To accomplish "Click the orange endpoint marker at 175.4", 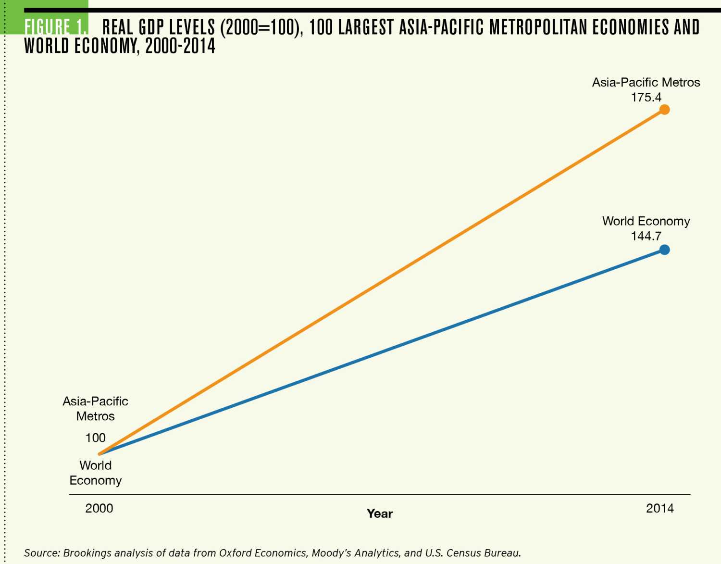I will point(664,110).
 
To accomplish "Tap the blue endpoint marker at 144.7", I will point(664,250).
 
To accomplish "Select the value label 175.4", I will point(646,97).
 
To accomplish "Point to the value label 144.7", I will point(646,236).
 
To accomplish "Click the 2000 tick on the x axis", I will point(99,508).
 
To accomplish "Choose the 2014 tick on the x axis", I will point(659,508).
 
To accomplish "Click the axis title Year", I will point(380,514).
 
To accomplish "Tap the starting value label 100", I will point(95,438).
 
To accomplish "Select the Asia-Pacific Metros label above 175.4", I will point(646,82).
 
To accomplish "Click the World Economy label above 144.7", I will point(646,221).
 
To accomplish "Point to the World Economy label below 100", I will point(95,473).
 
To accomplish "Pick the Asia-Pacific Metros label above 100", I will point(95,408).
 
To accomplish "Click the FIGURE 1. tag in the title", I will point(56,27).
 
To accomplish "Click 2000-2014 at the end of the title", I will point(180,46).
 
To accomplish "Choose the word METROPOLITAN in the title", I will point(538,27).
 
